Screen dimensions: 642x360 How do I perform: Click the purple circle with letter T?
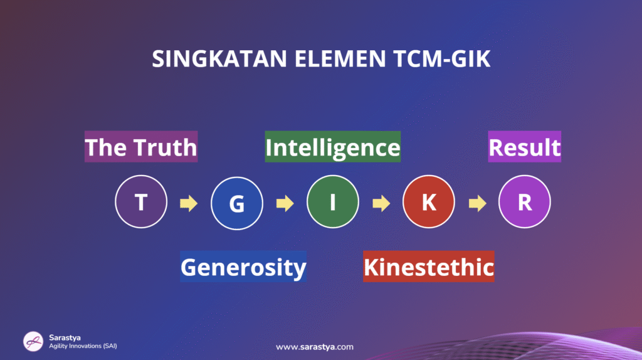tap(141, 201)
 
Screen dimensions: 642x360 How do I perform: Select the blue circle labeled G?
tap(237, 203)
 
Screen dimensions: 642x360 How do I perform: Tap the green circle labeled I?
tap(333, 201)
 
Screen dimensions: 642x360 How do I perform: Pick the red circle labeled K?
tap(429, 201)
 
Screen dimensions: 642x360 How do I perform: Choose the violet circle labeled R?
tap(525, 201)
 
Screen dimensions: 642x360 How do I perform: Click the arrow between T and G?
tap(189, 203)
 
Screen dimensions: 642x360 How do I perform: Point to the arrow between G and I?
tap(285, 203)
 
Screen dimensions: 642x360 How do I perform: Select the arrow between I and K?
tap(381, 203)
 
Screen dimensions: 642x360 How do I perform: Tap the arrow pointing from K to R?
tap(477, 203)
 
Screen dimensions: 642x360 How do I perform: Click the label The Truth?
tap(141, 147)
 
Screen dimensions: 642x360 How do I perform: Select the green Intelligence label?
tap(333, 147)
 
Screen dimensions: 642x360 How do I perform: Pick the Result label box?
tap(525, 147)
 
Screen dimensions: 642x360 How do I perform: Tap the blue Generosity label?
tap(243, 267)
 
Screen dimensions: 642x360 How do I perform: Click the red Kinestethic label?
tap(429, 267)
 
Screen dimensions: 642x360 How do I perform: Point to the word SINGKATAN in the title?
tap(219, 58)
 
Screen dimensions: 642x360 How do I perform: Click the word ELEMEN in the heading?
tap(340, 58)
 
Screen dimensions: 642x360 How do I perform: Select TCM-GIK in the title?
tap(442, 58)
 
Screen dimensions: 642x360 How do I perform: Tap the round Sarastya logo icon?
tap(33, 341)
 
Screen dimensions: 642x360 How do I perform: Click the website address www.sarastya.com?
tap(315, 347)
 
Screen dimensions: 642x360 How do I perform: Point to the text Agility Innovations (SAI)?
tap(83, 346)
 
